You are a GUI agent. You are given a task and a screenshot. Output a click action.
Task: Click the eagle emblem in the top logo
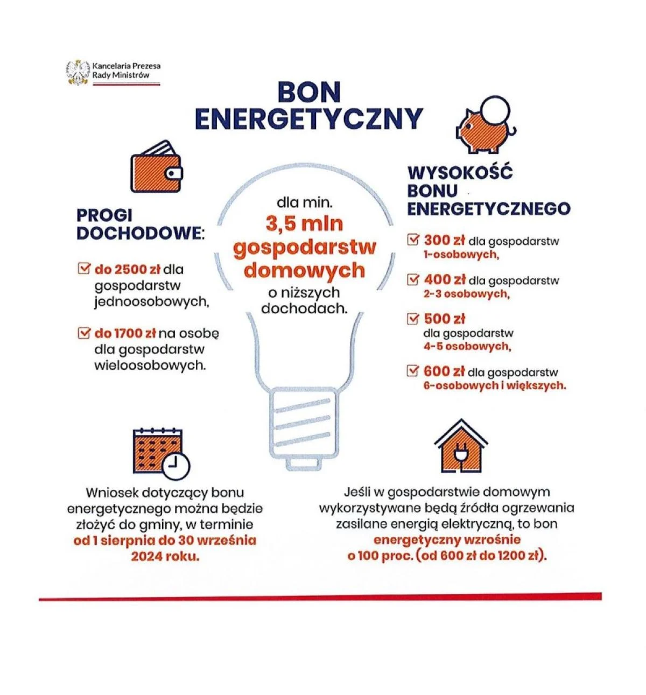[78, 72]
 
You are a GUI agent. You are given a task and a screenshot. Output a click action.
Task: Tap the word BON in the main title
[309, 93]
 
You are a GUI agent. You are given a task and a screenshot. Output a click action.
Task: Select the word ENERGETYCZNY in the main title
[308, 120]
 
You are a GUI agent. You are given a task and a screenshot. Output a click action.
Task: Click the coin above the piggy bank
[495, 109]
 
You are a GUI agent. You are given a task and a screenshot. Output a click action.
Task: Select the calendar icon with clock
[161, 453]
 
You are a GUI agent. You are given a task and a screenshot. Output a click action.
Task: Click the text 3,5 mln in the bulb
[304, 223]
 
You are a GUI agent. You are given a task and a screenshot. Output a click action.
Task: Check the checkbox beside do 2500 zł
[84, 268]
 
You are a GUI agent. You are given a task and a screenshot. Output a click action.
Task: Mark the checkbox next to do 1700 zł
[84, 333]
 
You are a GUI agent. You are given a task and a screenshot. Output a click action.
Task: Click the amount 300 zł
[444, 240]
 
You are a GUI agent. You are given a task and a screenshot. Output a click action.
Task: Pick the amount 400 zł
[444, 279]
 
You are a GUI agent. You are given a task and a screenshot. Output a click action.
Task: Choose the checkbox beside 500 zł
[413, 318]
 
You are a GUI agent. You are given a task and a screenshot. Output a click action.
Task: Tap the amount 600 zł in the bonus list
[444, 371]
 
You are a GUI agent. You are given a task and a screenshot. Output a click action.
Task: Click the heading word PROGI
[104, 215]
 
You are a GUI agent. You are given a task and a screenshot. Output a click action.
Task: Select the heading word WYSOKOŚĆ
[460, 173]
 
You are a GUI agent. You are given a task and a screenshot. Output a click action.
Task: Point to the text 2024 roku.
[165, 556]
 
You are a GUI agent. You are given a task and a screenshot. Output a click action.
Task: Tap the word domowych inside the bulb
[304, 270]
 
